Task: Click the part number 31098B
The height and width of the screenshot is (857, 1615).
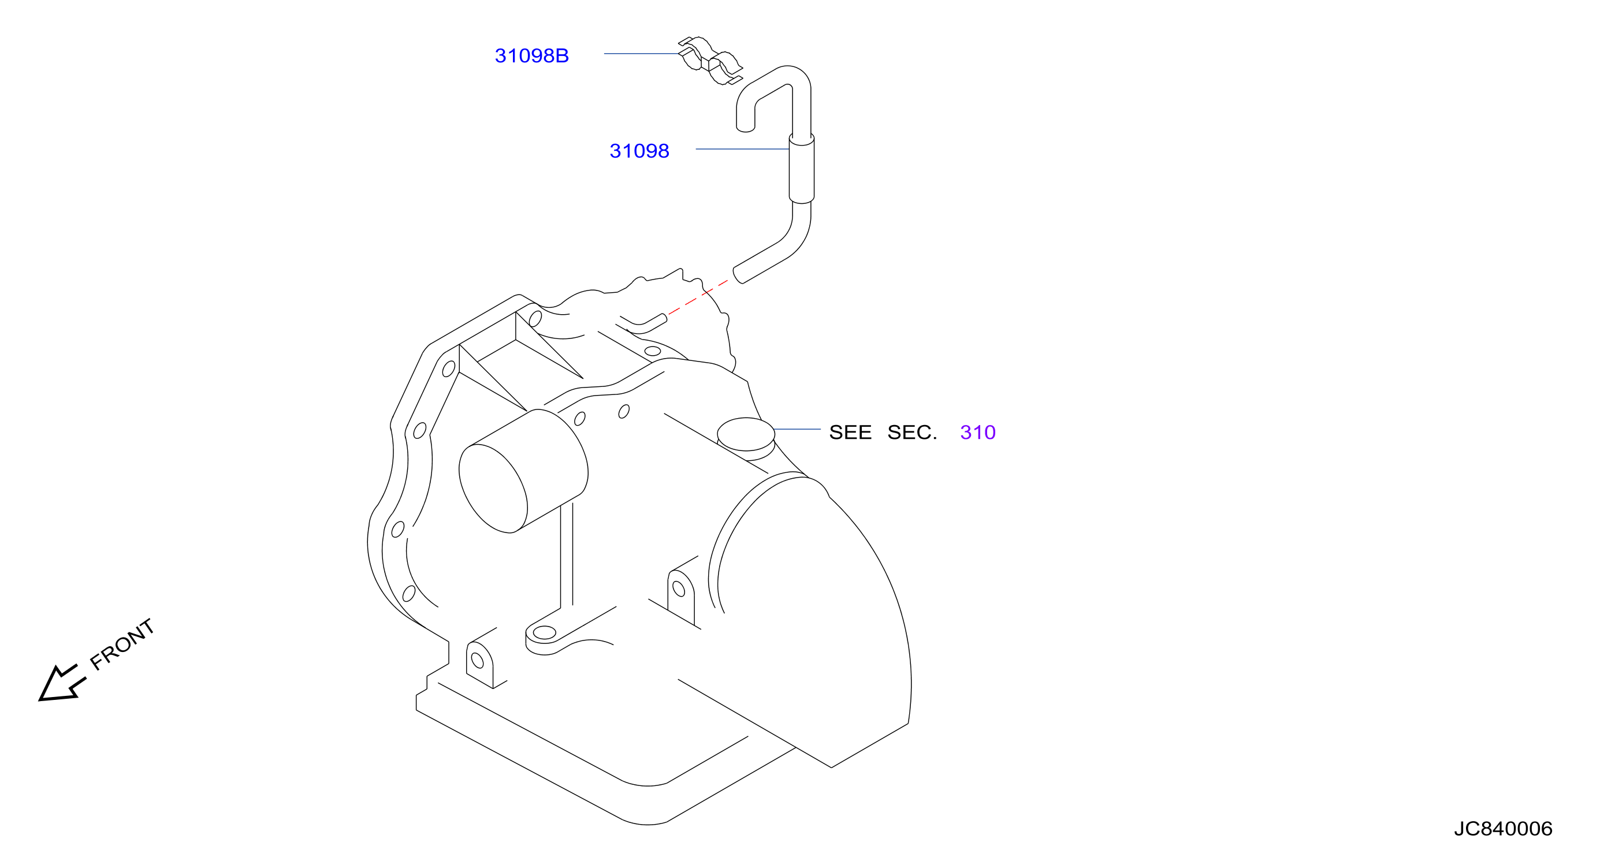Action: pos(531,56)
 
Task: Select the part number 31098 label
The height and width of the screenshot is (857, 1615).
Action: pos(639,151)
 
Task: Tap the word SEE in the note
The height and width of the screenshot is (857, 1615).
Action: pos(850,433)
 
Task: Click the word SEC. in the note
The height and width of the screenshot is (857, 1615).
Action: pos(912,433)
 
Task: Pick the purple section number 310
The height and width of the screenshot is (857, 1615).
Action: pos(978,433)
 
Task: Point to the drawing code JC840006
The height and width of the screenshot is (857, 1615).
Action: pos(1504,829)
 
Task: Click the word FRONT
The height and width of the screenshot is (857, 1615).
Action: pos(122,644)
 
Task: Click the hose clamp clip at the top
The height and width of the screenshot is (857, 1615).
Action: pos(710,61)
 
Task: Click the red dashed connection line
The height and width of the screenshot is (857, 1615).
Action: pos(698,297)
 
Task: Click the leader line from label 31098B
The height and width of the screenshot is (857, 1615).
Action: pos(641,54)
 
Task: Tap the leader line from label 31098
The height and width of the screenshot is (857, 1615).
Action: pos(742,149)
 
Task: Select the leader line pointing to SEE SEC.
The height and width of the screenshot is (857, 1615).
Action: pos(797,430)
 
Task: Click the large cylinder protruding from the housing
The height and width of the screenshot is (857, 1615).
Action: pos(523,471)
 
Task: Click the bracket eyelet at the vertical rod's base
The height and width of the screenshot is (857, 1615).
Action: pos(544,632)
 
